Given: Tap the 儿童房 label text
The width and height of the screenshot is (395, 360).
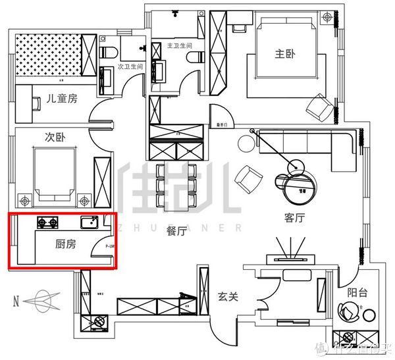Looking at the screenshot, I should point(62,99).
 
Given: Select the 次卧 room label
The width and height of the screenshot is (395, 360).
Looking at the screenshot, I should point(54,138).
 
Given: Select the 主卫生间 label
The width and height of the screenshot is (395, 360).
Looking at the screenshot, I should point(179,46).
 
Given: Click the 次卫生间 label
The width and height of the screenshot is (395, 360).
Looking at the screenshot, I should point(130,67).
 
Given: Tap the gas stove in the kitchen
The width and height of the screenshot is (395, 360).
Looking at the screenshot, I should point(48,222).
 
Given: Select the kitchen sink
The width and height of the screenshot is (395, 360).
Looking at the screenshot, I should point(89,222).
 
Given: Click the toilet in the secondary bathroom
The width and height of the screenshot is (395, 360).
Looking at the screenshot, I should point(109,51).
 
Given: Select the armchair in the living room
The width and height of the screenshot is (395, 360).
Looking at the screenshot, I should point(250,176).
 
